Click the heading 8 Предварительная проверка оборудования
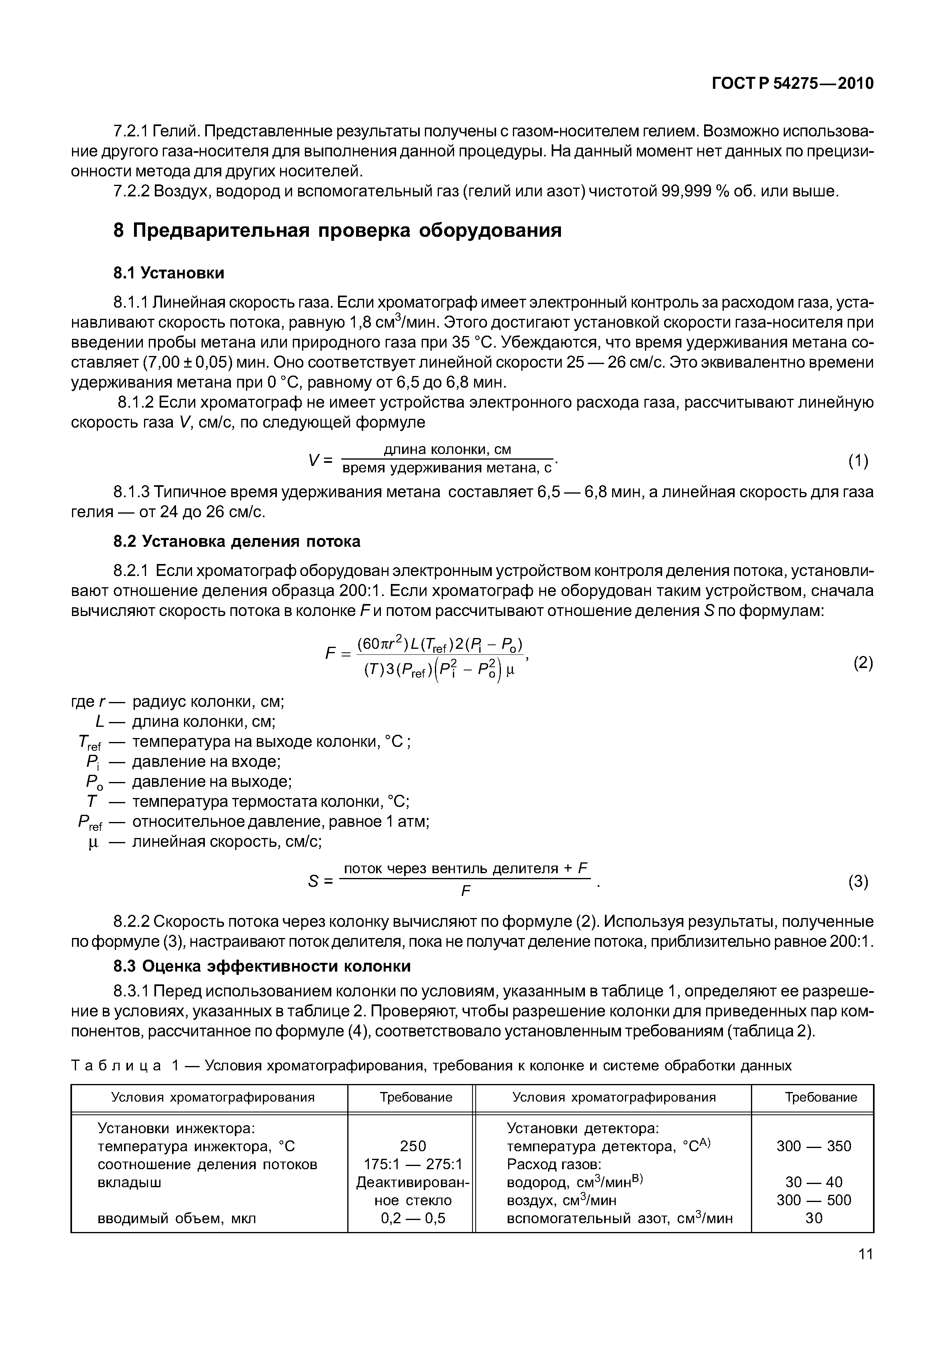click(338, 230)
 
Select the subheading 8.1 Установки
click(169, 273)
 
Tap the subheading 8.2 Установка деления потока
click(237, 541)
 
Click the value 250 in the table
click(413, 1146)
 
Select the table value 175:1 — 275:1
click(413, 1164)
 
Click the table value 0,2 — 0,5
click(413, 1218)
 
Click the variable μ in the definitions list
click(92, 842)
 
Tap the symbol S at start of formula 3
click(314, 882)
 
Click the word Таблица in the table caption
click(116, 1066)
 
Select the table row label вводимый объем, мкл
click(176, 1218)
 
